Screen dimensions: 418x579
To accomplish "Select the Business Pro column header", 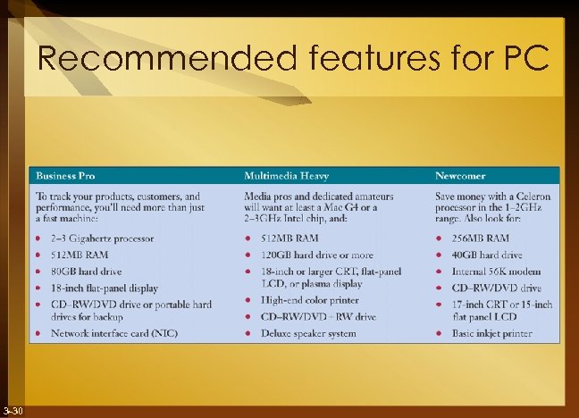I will click(66, 174).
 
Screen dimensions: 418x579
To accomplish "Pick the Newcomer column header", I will click(462, 174).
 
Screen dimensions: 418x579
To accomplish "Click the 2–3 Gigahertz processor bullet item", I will click(102, 238).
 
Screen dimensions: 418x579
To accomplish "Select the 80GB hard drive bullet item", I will click(86, 272).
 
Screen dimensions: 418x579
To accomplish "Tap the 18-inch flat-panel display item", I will click(104, 288).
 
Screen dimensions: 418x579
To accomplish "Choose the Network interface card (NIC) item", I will click(113, 333).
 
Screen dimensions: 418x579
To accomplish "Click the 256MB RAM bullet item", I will click(480, 238).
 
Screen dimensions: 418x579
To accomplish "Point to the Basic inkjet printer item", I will click(492, 333).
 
